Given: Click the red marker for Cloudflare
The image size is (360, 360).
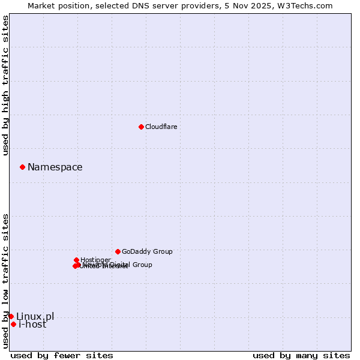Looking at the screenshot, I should point(141,127).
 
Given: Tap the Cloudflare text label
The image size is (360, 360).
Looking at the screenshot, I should point(161,127).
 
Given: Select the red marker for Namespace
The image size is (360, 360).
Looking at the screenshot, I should point(22,167).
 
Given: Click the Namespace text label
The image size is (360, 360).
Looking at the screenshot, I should point(55,167).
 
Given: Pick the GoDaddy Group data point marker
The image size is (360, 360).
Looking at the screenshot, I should point(118,251).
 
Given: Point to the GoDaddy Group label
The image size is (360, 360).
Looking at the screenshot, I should point(147,251).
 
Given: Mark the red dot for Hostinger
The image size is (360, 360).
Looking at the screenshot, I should point(76,260).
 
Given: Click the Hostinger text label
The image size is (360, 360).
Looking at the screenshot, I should point(95,260).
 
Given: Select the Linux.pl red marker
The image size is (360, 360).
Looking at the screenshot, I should point(11,316).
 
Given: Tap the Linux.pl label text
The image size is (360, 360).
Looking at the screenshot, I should point(35,316).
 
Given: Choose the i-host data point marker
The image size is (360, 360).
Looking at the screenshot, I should point(13,324).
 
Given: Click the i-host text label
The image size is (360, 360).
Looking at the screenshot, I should point(32,325).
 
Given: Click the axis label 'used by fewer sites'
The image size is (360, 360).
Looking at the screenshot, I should point(62,355).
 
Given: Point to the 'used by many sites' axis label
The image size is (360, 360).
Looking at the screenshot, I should point(301,355).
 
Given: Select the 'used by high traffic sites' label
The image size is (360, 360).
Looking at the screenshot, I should point(5,85).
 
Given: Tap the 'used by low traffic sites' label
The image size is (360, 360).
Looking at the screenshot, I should point(5,281).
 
